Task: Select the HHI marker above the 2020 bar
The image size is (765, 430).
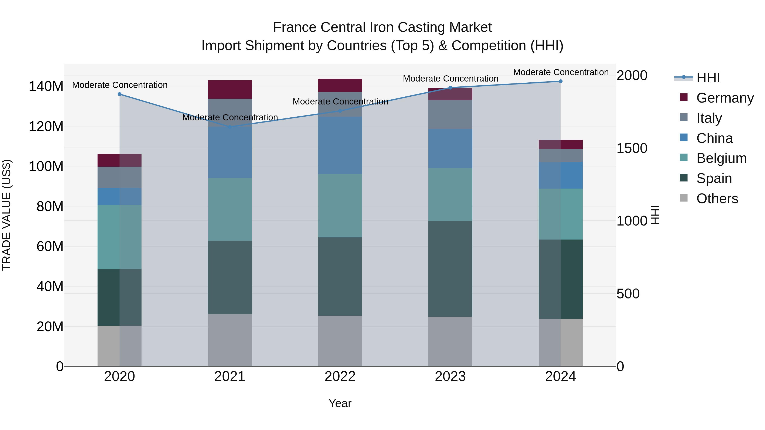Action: (x=119, y=94)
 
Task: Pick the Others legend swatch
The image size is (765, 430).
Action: (x=684, y=198)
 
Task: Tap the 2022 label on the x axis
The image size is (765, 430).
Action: (x=340, y=376)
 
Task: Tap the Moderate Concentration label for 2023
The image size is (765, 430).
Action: (x=450, y=79)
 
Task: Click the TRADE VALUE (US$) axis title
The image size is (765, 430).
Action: (x=7, y=215)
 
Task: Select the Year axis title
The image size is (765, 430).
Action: (x=340, y=403)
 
